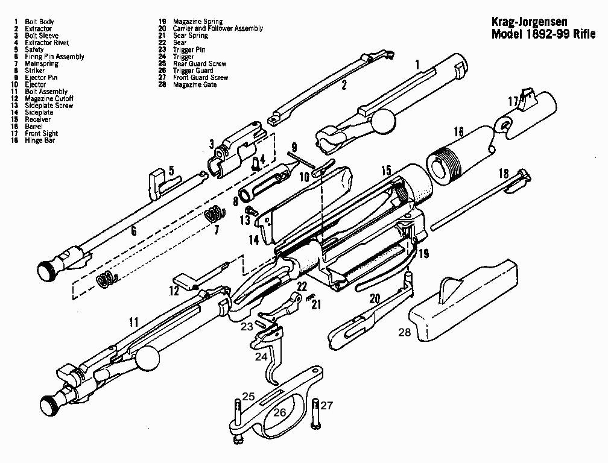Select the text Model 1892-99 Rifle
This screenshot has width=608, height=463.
tap(543, 34)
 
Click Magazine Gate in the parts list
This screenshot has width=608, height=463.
tap(194, 85)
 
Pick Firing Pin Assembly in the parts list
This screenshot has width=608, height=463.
tap(54, 57)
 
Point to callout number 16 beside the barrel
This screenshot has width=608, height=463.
tap(458, 131)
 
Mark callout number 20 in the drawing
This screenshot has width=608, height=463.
tap(374, 298)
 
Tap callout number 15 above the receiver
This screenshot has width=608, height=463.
tap(385, 172)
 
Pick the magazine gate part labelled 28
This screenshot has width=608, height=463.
tap(464, 301)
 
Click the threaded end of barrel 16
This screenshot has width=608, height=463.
tap(445, 163)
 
